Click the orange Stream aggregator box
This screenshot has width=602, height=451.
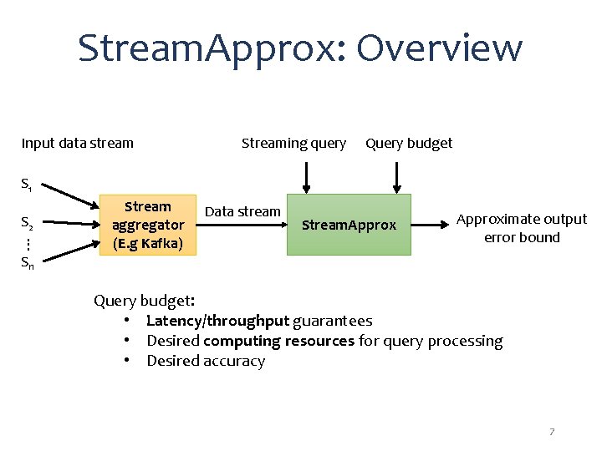coord(148,225)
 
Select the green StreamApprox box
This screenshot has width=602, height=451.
coord(349,225)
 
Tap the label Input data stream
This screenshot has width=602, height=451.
coord(77,143)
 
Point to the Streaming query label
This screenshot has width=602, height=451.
coord(293,143)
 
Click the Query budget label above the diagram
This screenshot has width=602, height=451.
coord(409,143)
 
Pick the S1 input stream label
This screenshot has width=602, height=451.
coord(27,184)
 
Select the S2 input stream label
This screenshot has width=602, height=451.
coord(27,223)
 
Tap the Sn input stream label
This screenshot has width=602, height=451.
coord(28,262)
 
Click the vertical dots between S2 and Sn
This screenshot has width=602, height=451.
coord(27,243)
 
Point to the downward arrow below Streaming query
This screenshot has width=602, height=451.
coord(307,176)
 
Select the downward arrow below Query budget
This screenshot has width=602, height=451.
coord(396,176)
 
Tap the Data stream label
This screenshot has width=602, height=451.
coord(242,211)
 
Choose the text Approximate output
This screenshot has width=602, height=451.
coord(522,219)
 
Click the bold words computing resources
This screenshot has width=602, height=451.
coord(278,341)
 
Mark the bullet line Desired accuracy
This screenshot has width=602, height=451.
coord(206,361)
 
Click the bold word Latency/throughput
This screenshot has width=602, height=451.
coord(217,321)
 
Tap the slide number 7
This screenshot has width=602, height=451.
coord(552,432)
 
